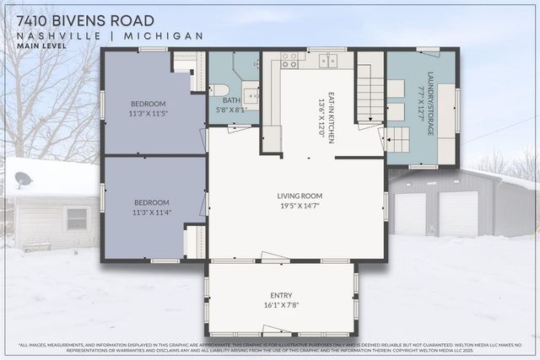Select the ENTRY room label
click(x=281, y=295)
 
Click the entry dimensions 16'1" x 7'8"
click(x=281, y=305)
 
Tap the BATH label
click(x=231, y=99)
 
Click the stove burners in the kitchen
click(x=289, y=60)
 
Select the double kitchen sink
click(x=327, y=60)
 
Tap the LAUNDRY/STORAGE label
click(x=430, y=103)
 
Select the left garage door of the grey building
click(x=410, y=214)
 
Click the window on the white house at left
click(x=77, y=218)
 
